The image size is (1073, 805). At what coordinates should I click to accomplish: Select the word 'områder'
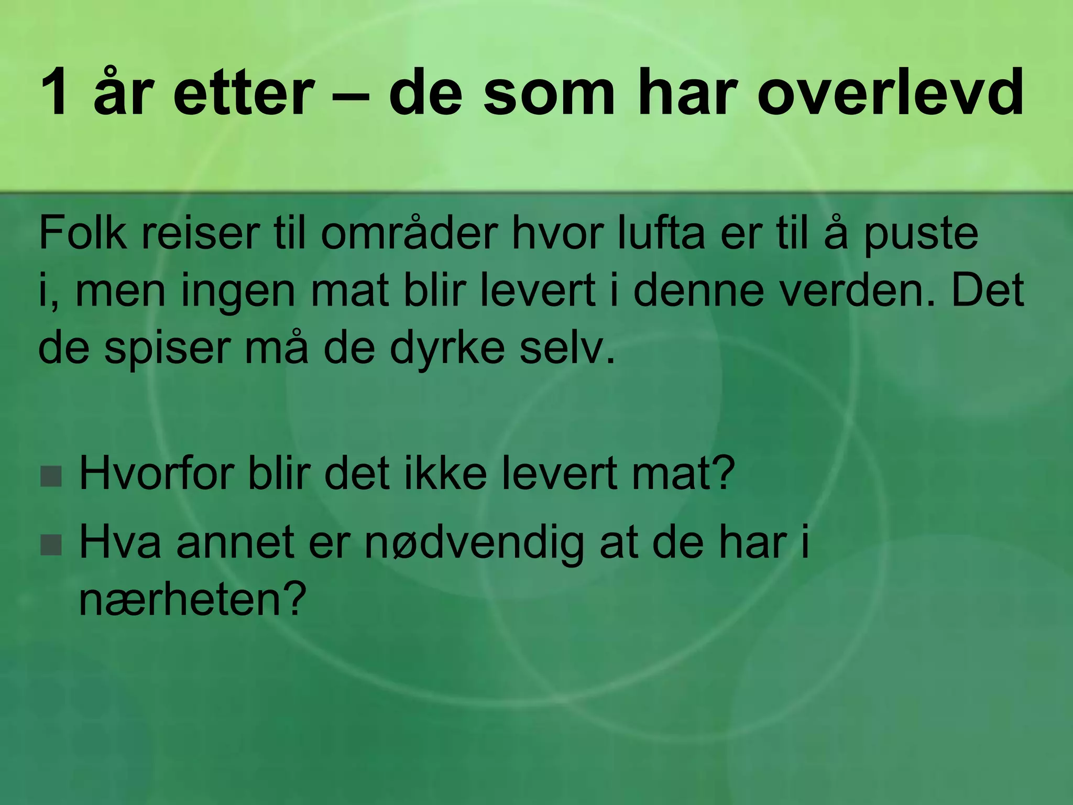409,233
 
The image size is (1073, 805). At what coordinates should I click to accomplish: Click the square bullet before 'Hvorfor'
51,476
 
